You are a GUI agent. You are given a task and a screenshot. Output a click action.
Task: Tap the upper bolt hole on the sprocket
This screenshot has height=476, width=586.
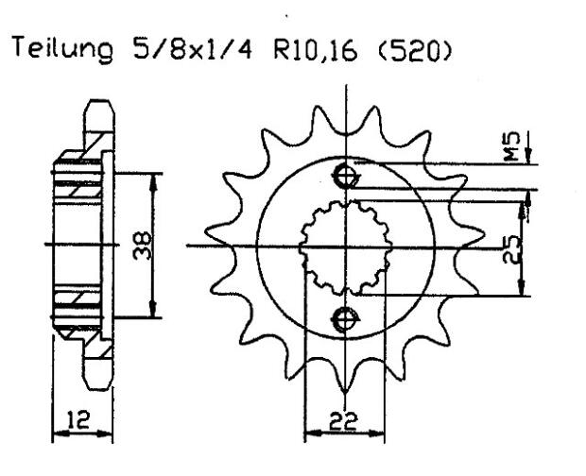(347, 176)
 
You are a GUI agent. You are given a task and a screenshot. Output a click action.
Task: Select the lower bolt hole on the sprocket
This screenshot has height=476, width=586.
(347, 318)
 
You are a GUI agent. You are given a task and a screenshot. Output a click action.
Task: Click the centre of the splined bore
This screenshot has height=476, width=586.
(347, 247)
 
